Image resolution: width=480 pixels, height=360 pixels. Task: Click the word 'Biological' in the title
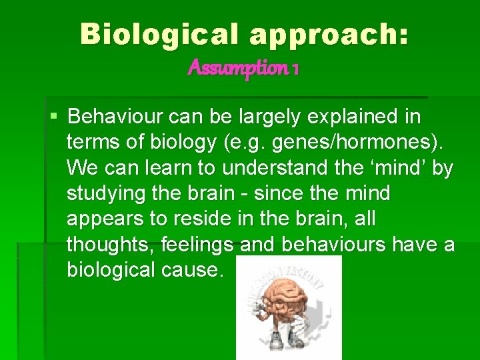(161, 34)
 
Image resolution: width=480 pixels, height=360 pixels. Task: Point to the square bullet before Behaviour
(54, 117)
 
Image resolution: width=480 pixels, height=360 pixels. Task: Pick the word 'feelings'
(197, 245)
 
